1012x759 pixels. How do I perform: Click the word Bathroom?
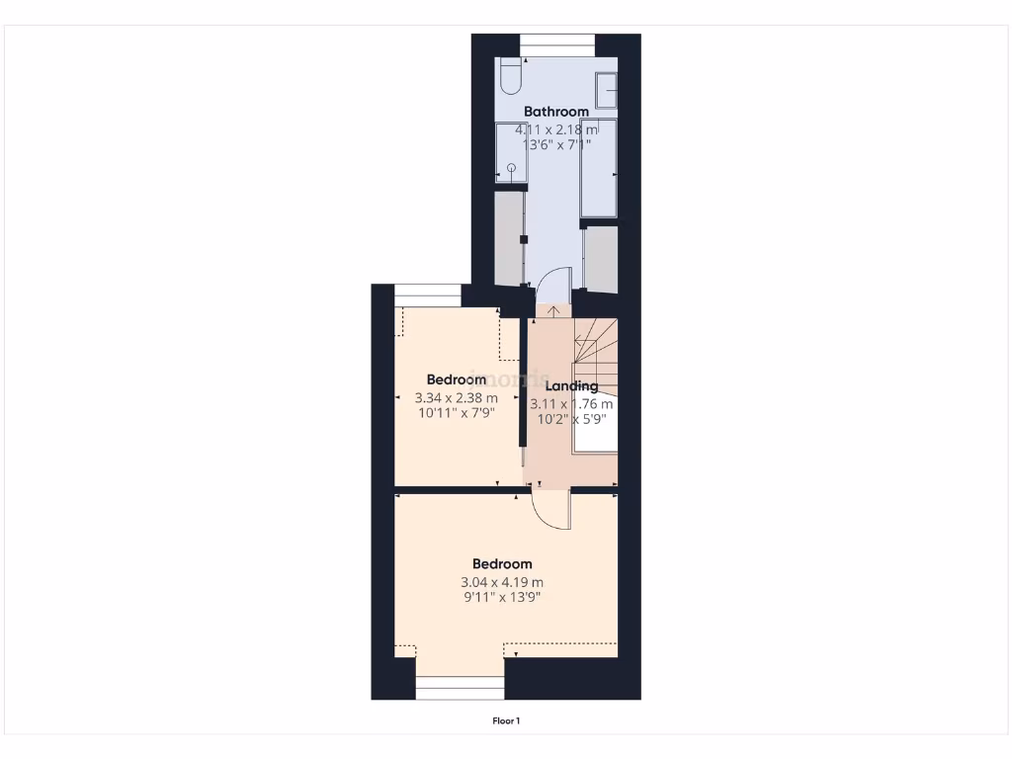[x=556, y=112]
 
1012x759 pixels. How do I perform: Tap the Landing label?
[x=571, y=386]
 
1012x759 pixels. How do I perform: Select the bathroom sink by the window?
[x=606, y=90]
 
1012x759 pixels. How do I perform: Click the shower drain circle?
[x=512, y=168]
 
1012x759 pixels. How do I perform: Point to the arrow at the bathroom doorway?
[x=553, y=311]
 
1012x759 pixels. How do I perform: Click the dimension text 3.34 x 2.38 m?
[x=456, y=398]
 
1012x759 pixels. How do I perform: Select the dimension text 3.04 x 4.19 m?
[x=502, y=582]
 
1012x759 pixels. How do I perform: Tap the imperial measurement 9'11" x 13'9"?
[x=502, y=597]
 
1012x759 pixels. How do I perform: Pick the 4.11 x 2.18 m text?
[x=556, y=129]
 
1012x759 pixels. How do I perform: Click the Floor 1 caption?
[x=506, y=721]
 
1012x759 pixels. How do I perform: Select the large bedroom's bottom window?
[x=460, y=687]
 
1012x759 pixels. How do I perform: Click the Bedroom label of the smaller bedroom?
[x=456, y=379]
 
